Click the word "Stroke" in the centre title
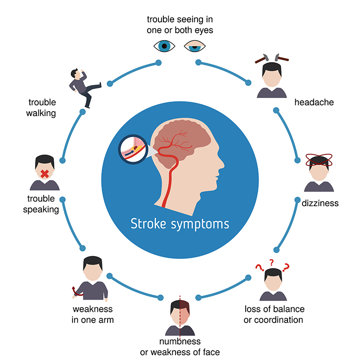(149, 223)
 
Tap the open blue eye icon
(164, 45)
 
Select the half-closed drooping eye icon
(195, 45)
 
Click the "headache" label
(314, 102)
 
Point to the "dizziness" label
(320, 203)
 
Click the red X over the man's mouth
(45, 174)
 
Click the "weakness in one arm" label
(93, 315)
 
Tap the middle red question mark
(271, 262)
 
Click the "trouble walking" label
(41, 108)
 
